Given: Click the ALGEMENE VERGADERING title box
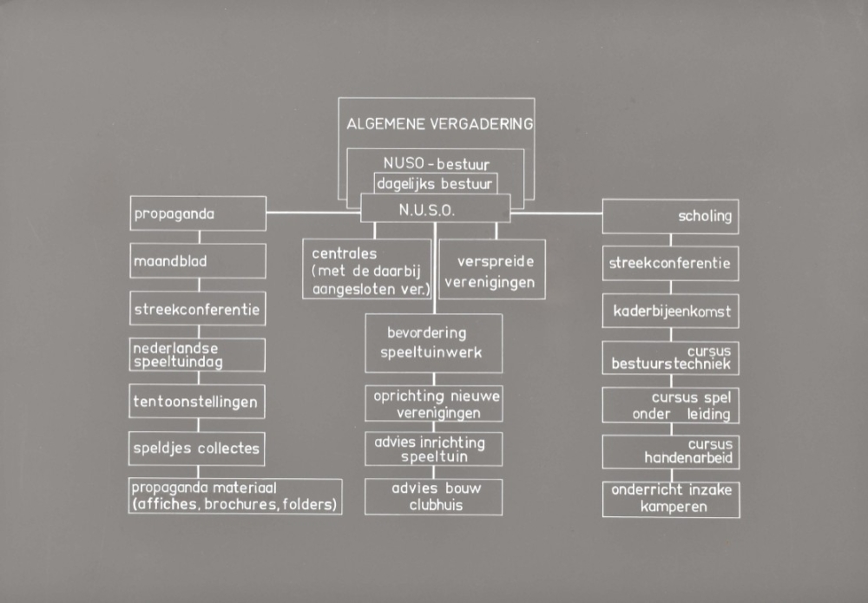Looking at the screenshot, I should point(439,123).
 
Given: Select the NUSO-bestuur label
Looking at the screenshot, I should point(436,162).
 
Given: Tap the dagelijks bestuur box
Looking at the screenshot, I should point(436,184).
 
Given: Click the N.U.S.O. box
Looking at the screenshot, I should point(435,209).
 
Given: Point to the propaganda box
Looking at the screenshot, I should point(198,213).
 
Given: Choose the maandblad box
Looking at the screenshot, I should point(198,260).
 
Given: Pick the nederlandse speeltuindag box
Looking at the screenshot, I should point(198,355).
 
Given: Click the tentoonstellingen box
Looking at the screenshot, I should point(198,402).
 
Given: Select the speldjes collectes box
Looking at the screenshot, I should point(198,449).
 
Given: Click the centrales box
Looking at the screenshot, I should point(366,270).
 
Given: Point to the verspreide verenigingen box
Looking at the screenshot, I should point(492,270).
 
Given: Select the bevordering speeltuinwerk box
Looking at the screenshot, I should point(434,343).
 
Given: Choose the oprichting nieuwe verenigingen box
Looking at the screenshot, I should point(434,404).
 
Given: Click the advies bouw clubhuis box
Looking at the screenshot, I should point(434,495).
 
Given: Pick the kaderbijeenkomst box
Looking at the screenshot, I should point(670,311).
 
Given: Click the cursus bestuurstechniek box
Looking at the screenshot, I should point(670,357).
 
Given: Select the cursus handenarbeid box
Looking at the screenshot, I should point(670,451).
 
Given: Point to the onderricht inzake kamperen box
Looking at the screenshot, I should point(670,499).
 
